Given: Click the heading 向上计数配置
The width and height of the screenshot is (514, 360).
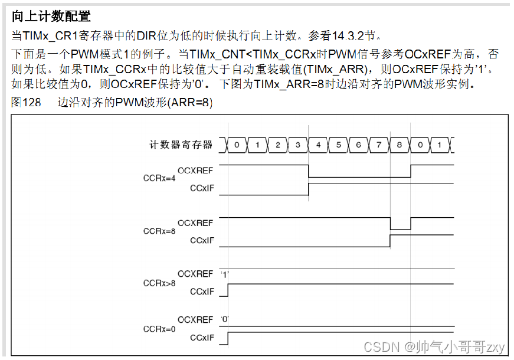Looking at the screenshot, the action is point(51,16).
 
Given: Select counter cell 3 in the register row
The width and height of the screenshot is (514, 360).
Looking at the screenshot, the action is point(297,145).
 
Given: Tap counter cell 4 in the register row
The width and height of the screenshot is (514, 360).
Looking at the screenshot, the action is point(318,145).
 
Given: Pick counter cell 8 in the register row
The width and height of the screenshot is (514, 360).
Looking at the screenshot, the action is point(400,145).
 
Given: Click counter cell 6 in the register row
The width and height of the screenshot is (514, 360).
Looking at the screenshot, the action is point(359,145).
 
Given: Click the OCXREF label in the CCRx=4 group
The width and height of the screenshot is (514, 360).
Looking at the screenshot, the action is point(195,170).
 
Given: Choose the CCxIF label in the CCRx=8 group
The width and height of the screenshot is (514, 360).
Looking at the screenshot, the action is point(201,240).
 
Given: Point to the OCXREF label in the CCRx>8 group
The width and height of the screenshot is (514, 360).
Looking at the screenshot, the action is point(195,274).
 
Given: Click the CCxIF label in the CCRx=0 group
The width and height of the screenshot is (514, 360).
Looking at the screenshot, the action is point(201,338).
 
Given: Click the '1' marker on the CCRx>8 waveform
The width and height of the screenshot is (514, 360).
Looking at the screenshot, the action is point(225,274).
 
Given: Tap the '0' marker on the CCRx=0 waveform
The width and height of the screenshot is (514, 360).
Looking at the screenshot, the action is point(225,320).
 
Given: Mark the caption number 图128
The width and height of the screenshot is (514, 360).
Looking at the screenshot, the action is point(27,102).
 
